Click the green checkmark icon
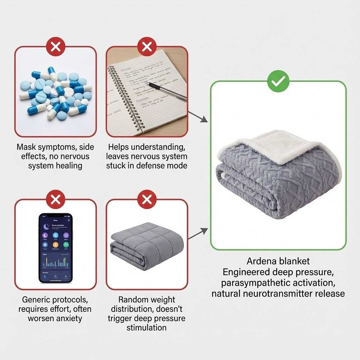point(278,81)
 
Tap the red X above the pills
point(55,46)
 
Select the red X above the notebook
point(147,46)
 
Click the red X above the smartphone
point(55,199)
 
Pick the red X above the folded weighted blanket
point(147,199)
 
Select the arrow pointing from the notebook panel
point(199,117)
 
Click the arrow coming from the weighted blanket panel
point(199,234)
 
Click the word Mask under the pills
point(26,147)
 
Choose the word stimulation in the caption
point(147,328)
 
